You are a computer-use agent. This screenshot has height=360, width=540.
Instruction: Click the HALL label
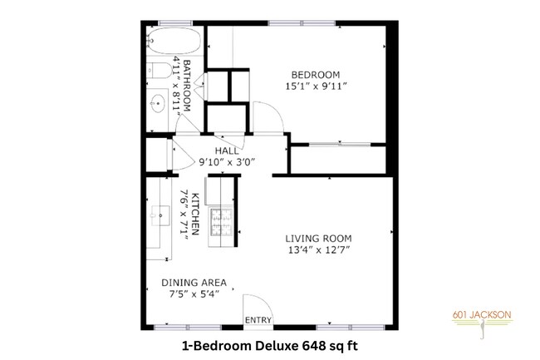(228, 150)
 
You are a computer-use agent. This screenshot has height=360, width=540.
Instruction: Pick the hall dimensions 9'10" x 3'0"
(228, 163)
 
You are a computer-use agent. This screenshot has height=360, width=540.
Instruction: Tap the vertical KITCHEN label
(194, 215)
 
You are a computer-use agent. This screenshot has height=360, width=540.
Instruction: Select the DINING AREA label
(194, 283)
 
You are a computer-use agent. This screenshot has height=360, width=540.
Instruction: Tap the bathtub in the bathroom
(173, 41)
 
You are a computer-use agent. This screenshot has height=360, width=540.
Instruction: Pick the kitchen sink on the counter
(156, 215)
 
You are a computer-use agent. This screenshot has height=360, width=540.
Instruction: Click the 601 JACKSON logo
(485, 322)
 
